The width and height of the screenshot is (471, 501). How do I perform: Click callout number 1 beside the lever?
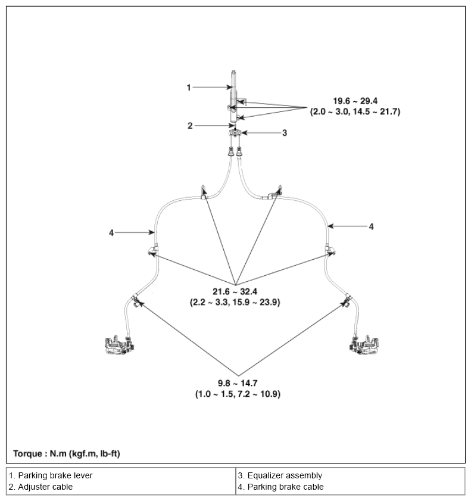click(x=189, y=88)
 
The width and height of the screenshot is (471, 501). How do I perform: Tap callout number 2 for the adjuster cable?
click(x=190, y=126)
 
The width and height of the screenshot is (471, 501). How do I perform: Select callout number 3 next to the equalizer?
click(x=285, y=133)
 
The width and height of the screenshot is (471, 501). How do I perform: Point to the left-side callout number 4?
click(x=111, y=233)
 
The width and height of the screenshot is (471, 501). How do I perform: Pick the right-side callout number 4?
click(x=371, y=226)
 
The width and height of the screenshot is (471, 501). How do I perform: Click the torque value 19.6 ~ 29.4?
click(x=355, y=101)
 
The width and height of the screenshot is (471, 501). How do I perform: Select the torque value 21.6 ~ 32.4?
click(x=235, y=291)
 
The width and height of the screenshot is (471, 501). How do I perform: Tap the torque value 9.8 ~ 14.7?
click(x=238, y=383)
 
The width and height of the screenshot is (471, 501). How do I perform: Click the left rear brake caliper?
click(x=119, y=345)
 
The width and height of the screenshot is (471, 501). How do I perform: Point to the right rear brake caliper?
click(x=364, y=345)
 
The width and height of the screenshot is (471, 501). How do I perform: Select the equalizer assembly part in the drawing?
click(x=235, y=133)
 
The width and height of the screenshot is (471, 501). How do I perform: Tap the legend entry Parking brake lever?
click(x=51, y=475)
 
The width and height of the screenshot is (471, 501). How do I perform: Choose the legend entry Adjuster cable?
click(x=41, y=487)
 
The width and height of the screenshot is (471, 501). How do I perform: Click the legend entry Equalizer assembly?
click(x=280, y=475)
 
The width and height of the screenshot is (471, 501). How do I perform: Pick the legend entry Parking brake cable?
click(x=280, y=487)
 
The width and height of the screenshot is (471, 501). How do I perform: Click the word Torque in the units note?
click(x=27, y=454)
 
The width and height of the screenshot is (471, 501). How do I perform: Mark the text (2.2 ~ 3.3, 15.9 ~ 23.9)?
click(x=235, y=302)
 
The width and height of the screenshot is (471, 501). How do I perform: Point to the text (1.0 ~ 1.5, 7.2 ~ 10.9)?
click(x=238, y=394)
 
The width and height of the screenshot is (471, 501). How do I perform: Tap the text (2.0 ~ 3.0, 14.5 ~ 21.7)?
click(x=355, y=112)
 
